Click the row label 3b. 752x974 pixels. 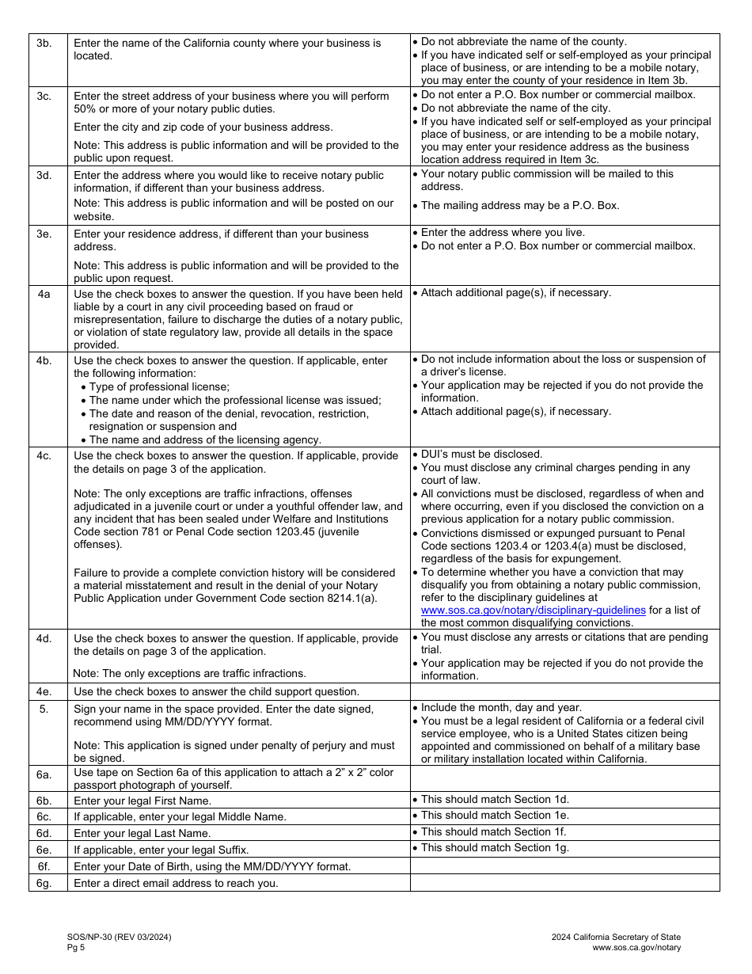click(x=44, y=43)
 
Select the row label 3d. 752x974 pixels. click(x=44, y=174)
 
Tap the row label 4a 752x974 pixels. click(x=44, y=294)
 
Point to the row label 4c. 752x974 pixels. click(x=44, y=455)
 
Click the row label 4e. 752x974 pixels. click(x=44, y=691)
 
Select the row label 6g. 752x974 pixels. click(x=44, y=883)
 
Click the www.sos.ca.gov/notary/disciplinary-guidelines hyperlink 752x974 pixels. click(x=534, y=610)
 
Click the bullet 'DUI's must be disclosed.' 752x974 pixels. click(x=481, y=454)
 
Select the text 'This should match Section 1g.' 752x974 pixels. click(x=495, y=847)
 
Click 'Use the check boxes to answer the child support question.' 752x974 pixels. click(x=216, y=691)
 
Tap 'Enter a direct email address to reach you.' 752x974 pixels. click(x=176, y=883)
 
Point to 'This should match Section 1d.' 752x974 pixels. click(x=495, y=799)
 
